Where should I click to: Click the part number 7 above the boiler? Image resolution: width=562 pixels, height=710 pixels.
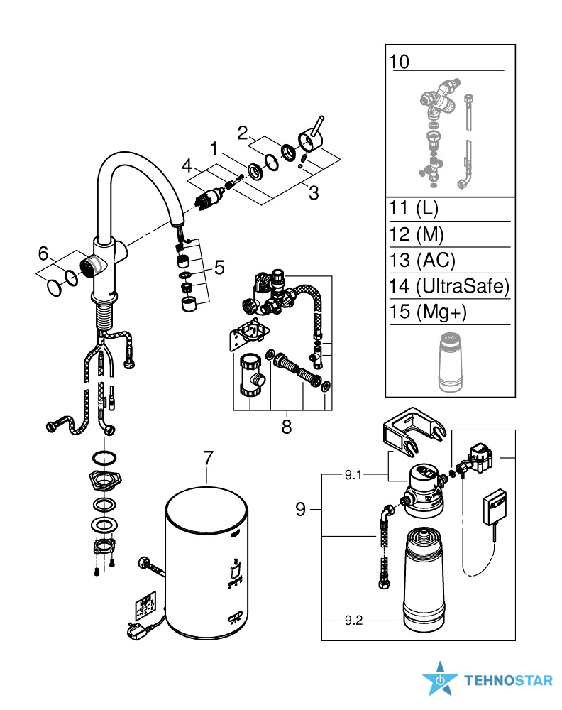(x=207, y=458)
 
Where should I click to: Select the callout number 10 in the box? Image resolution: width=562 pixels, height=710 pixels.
(x=400, y=62)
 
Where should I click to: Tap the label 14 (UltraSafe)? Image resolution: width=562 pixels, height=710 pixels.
(x=449, y=286)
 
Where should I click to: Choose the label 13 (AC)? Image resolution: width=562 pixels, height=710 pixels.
(x=422, y=260)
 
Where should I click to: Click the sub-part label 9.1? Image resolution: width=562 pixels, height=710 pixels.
(x=353, y=475)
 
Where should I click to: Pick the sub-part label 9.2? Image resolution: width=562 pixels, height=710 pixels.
(x=353, y=621)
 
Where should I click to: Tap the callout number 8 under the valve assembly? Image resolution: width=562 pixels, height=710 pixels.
(x=287, y=426)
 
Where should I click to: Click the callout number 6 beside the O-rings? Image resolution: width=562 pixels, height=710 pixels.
(x=43, y=253)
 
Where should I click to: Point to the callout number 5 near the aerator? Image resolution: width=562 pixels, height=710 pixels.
(x=219, y=268)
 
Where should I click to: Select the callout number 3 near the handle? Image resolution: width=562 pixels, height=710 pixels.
(x=314, y=192)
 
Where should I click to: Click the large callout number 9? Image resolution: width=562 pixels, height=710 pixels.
(x=301, y=509)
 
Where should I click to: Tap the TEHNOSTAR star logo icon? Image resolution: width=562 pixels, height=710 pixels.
(x=440, y=679)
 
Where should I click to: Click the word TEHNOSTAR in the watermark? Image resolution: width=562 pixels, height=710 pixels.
(x=508, y=680)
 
